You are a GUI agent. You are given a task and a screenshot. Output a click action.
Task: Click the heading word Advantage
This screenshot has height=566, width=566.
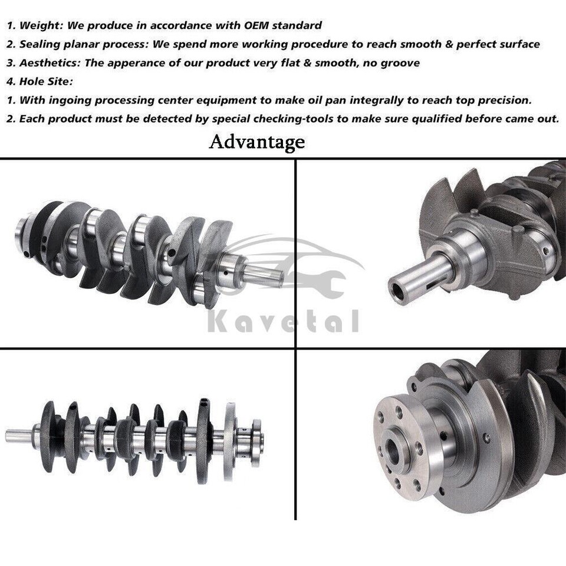point(256,141)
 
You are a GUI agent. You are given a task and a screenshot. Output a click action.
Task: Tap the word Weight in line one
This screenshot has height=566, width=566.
point(42,25)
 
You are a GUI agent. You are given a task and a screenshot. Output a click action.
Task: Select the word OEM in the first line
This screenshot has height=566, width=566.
point(251,25)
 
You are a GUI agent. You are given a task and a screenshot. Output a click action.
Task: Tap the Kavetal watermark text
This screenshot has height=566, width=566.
point(284,322)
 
